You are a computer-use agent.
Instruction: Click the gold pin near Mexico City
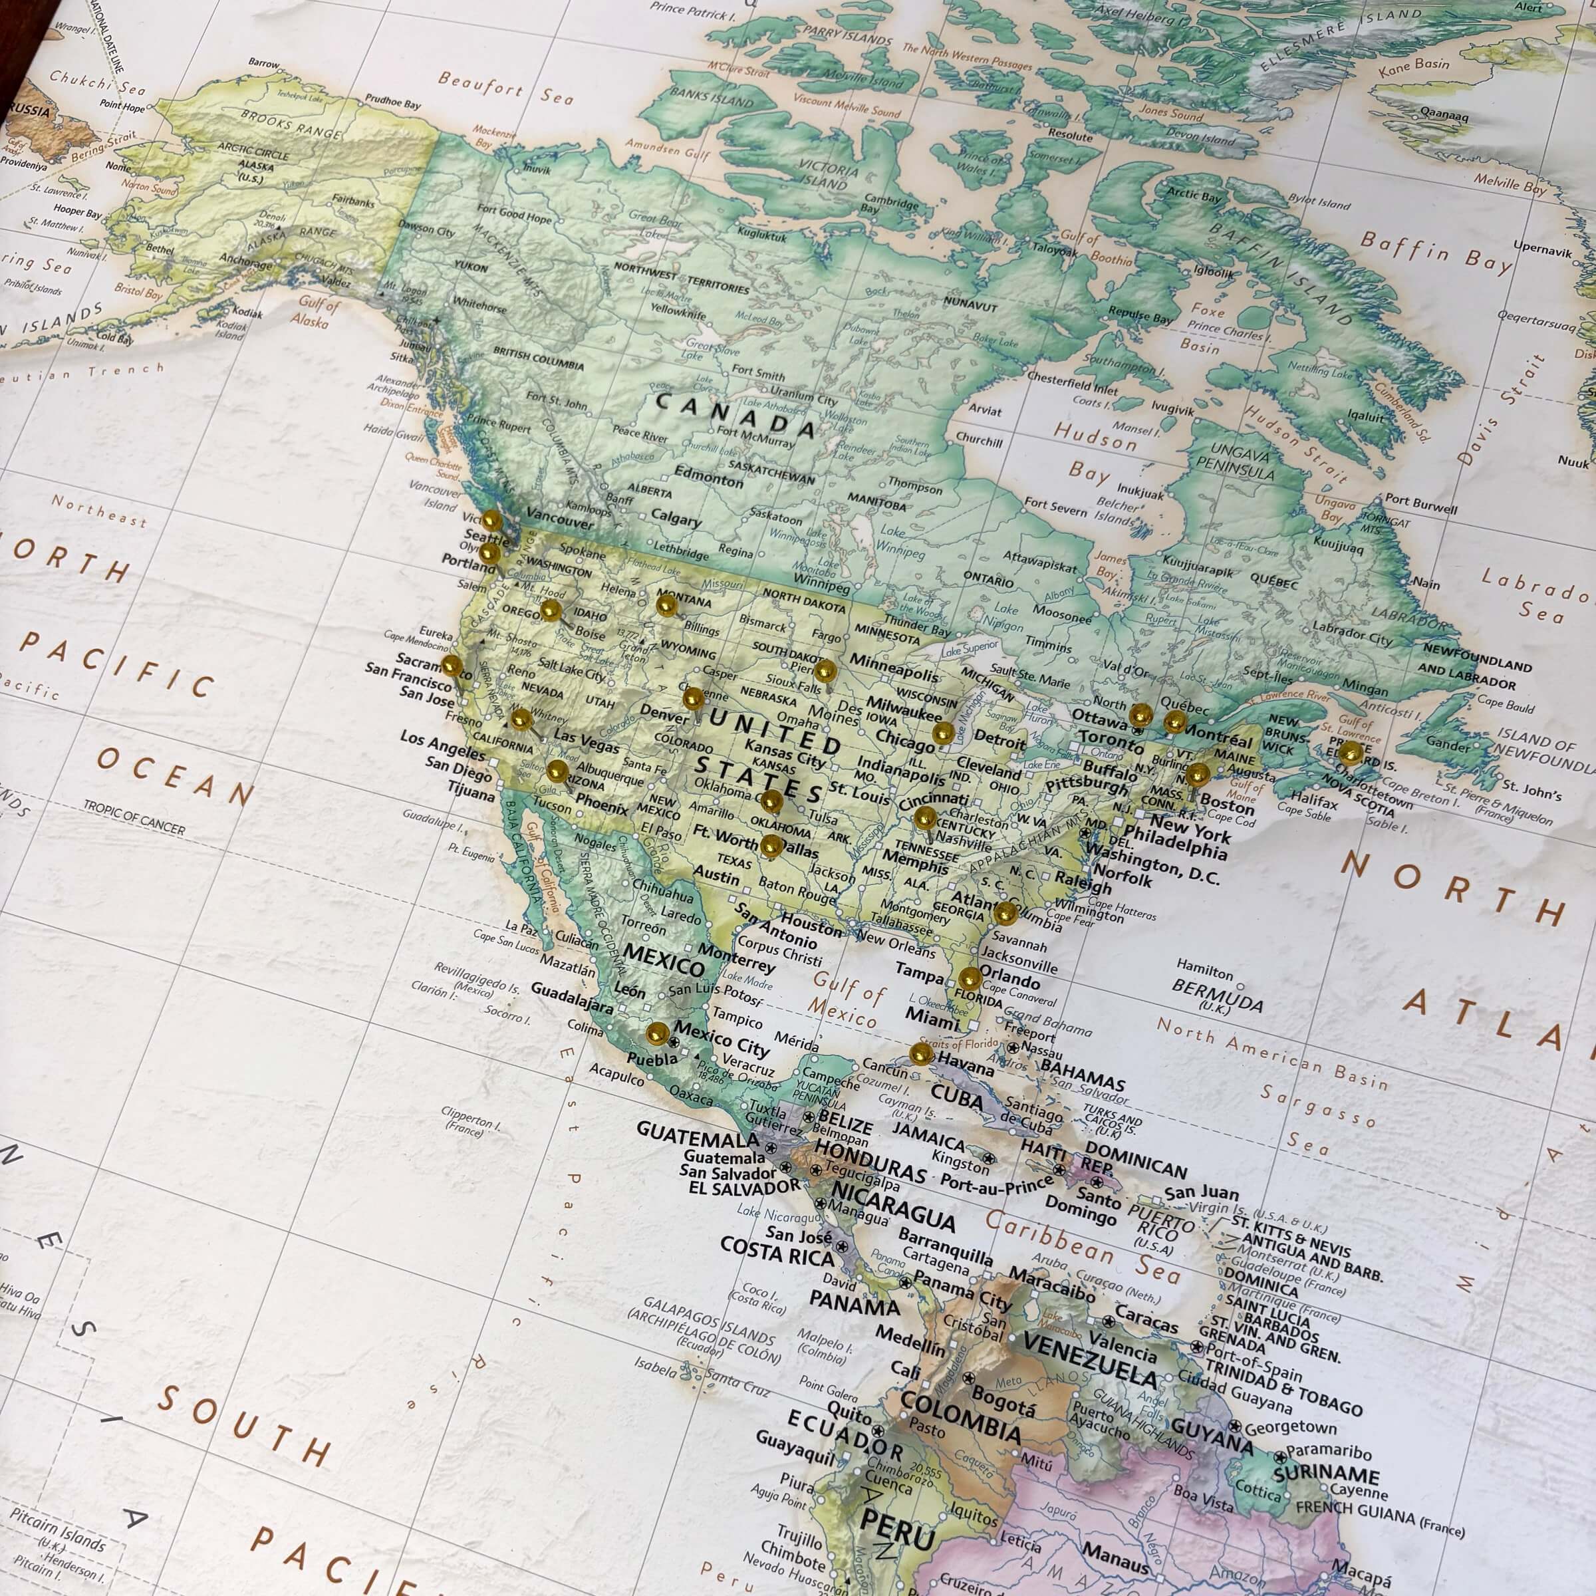click(x=658, y=1032)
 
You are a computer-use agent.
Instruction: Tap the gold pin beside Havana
click(x=920, y=1053)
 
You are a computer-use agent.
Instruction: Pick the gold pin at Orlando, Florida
click(x=970, y=978)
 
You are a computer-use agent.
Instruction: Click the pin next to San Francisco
click(x=451, y=665)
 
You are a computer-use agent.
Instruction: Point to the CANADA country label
click(x=735, y=413)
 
